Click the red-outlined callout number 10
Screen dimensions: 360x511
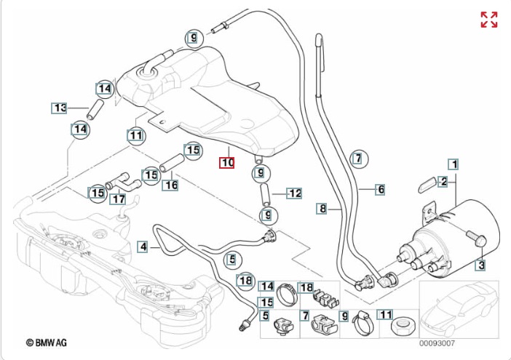(228, 163)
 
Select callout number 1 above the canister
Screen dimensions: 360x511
(453, 164)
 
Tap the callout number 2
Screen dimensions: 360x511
(443, 181)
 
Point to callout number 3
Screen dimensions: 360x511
(480, 265)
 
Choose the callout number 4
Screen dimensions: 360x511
(143, 247)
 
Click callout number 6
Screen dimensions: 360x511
(380, 189)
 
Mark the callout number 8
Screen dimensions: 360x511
(322, 209)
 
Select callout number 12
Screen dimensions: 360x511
(294, 193)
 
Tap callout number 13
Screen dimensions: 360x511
(59, 108)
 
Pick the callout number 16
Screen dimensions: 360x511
(170, 185)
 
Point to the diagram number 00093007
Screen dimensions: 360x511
(437, 343)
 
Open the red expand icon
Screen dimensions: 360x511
(488, 20)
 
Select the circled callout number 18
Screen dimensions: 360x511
(245, 280)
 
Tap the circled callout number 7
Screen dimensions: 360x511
(356, 157)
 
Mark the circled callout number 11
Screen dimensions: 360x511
(135, 135)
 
